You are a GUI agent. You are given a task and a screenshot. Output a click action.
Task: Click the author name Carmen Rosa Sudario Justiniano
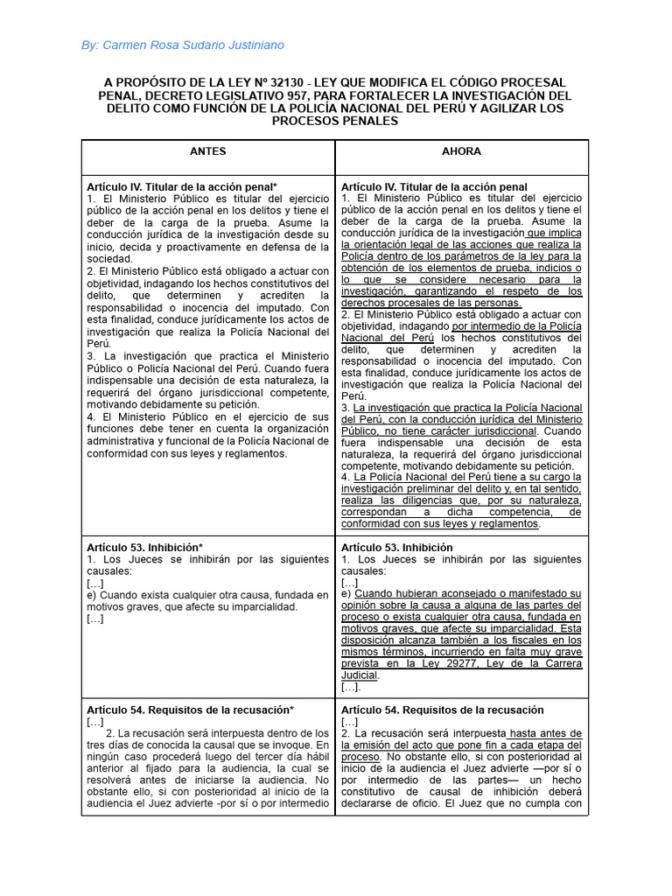click(x=192, y=45)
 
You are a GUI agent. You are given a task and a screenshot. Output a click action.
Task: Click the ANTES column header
click(x=208, y=151)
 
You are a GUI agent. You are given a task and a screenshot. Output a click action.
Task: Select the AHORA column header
click(x=461, y=151)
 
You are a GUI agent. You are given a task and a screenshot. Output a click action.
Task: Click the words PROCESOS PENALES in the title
click(x=335, y=122)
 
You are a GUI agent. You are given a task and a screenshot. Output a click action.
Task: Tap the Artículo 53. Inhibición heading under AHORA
click(x=396, y=547)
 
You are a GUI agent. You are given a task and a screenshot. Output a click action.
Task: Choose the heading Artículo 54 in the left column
click(x=190, y=710)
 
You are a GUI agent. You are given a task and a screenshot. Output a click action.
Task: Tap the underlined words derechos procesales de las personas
click(x=431, y=303)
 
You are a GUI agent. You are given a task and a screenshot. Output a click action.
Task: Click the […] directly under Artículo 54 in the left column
click(x=95, y=722)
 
